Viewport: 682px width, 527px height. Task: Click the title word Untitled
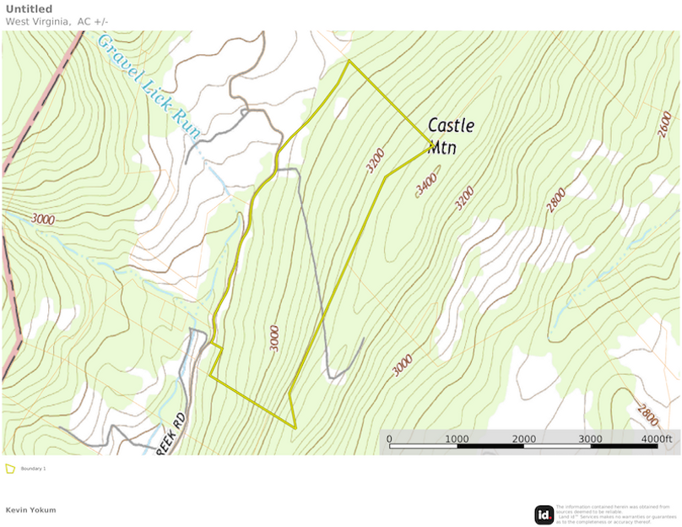(x=29, y=9)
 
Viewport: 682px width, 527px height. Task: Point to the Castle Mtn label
(x=450, y=135)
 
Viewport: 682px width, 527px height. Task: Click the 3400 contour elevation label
(x=427, y=182)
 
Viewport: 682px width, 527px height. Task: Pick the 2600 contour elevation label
(x=664, y=124)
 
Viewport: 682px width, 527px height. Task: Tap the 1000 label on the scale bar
(x=457, y=439)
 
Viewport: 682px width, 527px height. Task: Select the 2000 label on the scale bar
(x=523, y=439)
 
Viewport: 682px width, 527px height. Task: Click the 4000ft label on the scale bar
(x=656, y=439)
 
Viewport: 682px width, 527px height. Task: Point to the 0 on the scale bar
(x=389, y=439)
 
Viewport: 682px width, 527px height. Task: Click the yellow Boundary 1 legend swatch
(x=10, y=468)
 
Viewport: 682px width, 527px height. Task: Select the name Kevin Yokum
(x=30, y=510)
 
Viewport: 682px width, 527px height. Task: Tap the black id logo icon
(x=544, y=514)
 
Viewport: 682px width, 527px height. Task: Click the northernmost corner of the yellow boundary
(x=349, y=61)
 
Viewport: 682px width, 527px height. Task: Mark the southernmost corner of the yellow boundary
(x=296, y=427)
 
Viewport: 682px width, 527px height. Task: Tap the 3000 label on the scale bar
(x=590, y=439)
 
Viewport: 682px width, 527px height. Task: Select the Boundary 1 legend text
(x=34, y=469)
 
